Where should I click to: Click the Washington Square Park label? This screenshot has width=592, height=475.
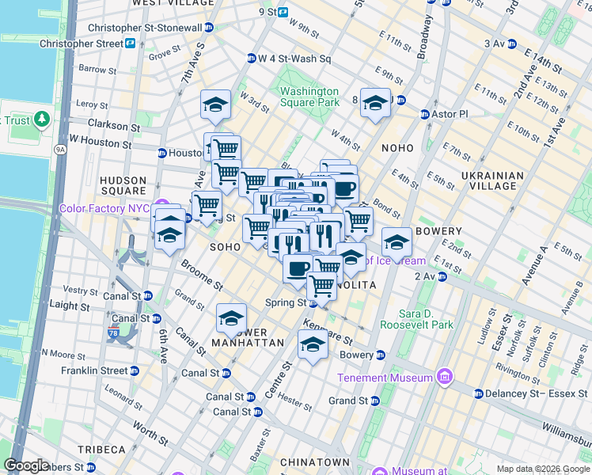(x=309, y=97)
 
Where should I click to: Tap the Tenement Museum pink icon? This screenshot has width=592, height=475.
(x=444, y=377)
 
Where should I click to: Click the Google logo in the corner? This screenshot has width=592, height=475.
(x=26, y=465)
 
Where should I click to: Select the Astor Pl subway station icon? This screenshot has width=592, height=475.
(x=425, y=114)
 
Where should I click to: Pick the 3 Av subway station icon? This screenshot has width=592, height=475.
(x=512, y=44)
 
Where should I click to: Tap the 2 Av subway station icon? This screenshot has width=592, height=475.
(x=442, y=276)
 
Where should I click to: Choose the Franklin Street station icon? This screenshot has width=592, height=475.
(x=135, y=370)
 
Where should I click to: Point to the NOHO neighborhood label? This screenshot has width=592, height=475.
(x=397, y=148)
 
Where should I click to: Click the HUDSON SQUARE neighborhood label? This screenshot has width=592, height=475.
(x=123, y=185)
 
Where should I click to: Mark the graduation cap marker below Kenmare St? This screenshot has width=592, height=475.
(x=313, y=345)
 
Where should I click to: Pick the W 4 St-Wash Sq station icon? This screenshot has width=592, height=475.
(x=252, y=58)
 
